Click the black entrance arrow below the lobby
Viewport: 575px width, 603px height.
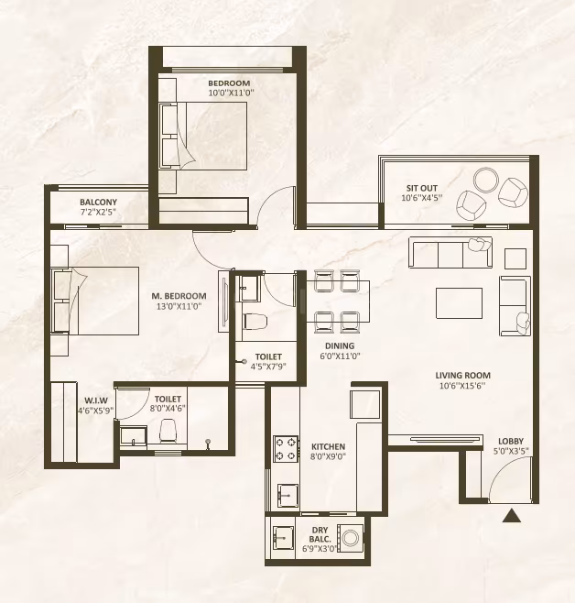point(512,515)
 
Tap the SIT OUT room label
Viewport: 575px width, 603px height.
point(422,188)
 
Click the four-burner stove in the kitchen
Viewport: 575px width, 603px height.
point(286,449)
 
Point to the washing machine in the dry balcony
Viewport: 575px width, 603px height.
point(350,539)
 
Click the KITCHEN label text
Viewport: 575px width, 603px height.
point(328,446)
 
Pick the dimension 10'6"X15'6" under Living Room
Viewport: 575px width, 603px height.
point(462,385)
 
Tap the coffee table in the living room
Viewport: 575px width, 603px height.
point(459,303)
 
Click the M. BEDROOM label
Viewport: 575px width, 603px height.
point(179,296)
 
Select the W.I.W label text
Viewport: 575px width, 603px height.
point(96,400)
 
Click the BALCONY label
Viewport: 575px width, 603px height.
point(98,202)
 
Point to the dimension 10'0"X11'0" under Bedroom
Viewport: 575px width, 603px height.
point(232,93)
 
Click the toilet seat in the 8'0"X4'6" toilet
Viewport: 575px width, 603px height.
point(168,431)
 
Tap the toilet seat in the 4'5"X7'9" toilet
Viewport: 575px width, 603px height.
point(255,321)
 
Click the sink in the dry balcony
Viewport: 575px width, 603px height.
point(283,538)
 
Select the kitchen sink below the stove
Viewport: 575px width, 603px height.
point(287,496)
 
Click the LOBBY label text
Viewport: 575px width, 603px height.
point(511,441)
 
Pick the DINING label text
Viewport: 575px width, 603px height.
point(340,345)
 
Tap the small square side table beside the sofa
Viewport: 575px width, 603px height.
point(515,258)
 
